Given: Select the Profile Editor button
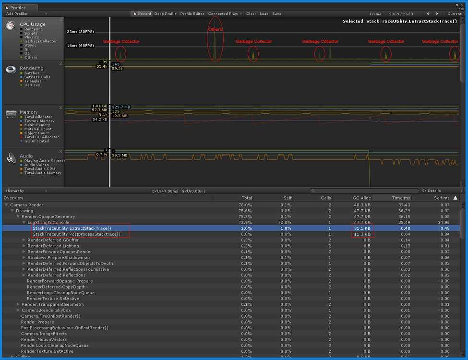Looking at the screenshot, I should pyautogui.click(x=192, y=14).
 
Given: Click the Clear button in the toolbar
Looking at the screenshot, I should pyautogui.click(x=251, y=14).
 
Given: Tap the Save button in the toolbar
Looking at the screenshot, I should pyautogui.click(x=276, y=14).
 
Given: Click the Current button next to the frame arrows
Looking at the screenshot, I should pyautogui.click(x=454, y=14).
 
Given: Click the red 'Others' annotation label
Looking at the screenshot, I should pyautogui.click(x=215, y=29).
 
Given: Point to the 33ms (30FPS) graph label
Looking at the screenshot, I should pyautogui.click(x=81, y=32).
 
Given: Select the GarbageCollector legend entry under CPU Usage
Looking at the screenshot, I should pyautogui.click(x=40, y=41).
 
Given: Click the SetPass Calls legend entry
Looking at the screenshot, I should pyautogui.click(x=37, y=77).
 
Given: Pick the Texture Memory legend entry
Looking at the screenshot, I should pyautogui.click(x=39, y=121).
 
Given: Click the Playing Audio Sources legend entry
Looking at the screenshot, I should pyautogui.click(x=45, y=161).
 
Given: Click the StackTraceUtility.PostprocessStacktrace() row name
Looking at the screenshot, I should pyautogui.click(x=76, y=234).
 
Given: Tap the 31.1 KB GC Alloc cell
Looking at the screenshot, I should pyautogui.click(x=361, y=228).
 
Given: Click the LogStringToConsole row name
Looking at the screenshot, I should pyautogui.click(x=48, y=222).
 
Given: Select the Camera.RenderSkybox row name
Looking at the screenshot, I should pyautogui.click(x=46, y=310).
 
